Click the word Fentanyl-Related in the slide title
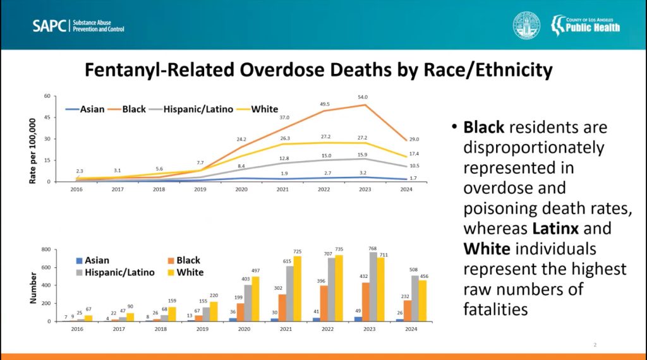tap(160, 69)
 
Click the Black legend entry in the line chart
tap(133, 109)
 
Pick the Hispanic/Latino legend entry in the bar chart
tap(119, 272)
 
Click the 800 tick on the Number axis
tap(44, 250)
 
